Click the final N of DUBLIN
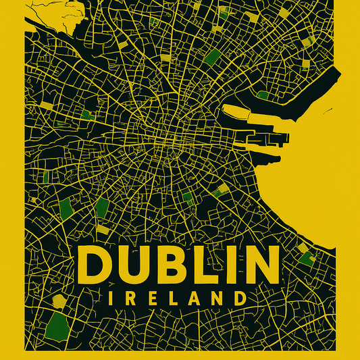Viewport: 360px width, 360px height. click(x=260, y=265)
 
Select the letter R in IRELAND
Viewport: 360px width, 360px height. click(x=130, y=298)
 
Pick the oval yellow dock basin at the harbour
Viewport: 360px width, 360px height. click(x=238, y=112)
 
